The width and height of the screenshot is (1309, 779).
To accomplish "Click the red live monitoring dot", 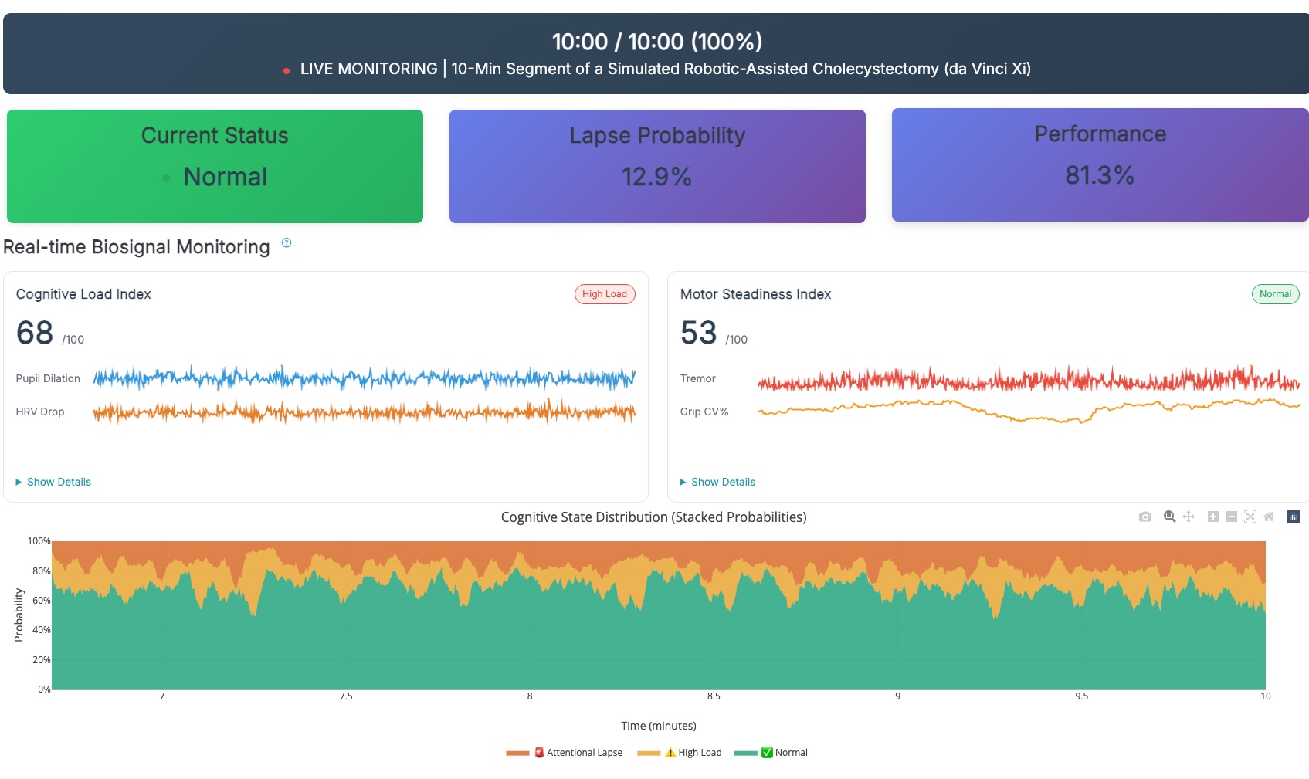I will (x=287, y=70).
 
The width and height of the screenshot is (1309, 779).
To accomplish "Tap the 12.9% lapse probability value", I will (x=656, y=177).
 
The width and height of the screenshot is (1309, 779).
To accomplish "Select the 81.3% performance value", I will (x=1099, y=175).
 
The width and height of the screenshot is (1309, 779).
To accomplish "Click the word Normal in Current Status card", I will (x=225, y=177).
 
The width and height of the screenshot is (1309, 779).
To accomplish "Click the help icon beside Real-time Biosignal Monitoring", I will (x=287, y=243).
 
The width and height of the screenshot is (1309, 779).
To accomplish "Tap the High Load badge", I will (x=604, y=294).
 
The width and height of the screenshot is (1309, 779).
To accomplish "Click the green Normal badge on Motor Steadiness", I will (x=1275, y=294).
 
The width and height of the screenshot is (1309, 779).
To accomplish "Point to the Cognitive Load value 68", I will (x=35, y=334).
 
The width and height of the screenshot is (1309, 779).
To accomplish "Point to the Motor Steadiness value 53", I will (x=699, y=334).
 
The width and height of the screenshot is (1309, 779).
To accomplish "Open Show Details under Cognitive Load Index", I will (x=59, y=482).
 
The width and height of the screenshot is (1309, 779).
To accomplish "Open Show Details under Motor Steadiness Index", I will (x=723, y=482).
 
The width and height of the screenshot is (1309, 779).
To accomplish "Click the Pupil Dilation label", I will (x=48, y=378).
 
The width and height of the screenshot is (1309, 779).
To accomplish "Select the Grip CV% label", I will (x=704, y=412).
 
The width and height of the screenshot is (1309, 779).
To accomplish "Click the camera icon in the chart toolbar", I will (x=1145, y=517).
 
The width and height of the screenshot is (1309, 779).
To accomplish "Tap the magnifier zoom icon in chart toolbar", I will (x=1169, y=517).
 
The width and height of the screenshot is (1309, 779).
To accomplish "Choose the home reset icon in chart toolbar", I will (x=1269, y=517).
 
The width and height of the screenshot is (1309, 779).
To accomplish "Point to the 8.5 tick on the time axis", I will (x=714, y=696).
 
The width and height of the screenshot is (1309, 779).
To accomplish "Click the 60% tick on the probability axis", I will (x=41, y=601).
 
